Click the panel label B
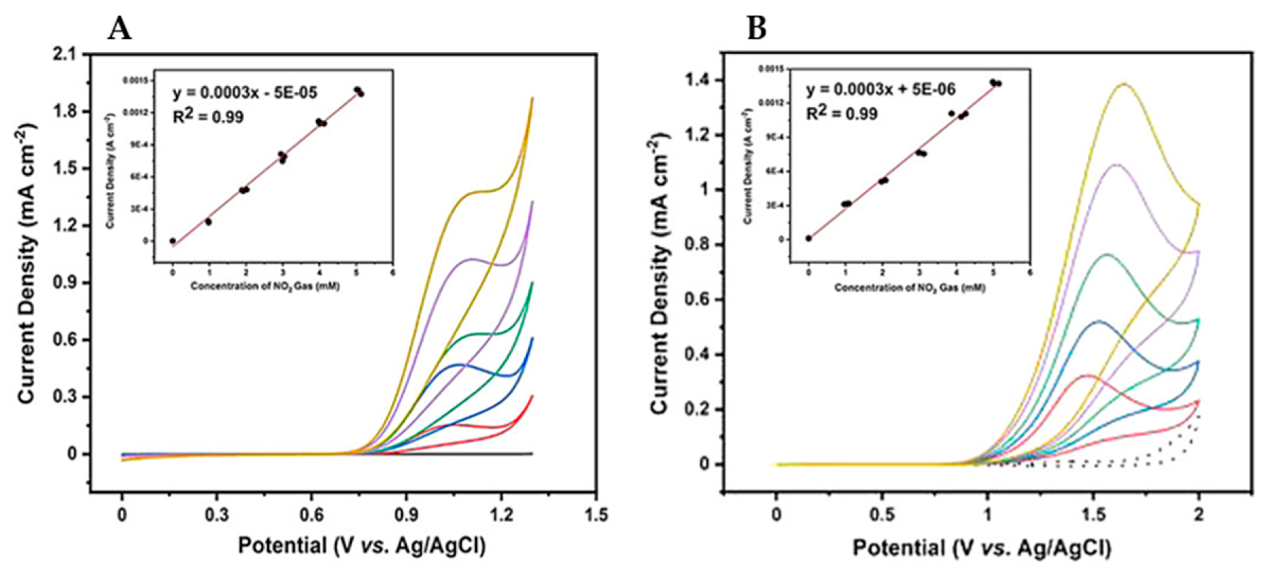[x=756, y=30]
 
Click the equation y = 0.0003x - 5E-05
[x=245, y=93]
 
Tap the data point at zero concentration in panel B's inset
[x=808, y=239]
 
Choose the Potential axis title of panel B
[x=982, y=548]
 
